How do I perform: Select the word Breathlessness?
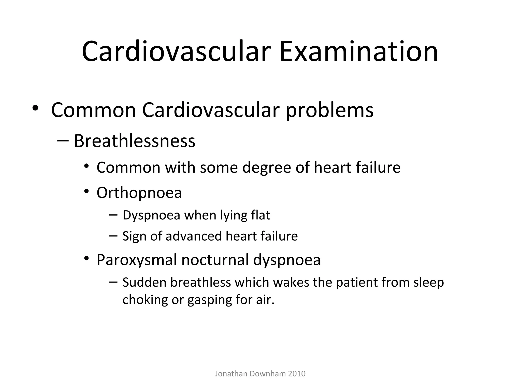[x=135, y=141]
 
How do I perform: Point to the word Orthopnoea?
[x=139, y=193]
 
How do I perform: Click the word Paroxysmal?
[x=137, y=260]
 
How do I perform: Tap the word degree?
[x=266, y=168]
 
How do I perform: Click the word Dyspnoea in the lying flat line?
[x=151, y=215]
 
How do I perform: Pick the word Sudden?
[x=144, y=282]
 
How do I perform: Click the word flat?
[x=260, y=215]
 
